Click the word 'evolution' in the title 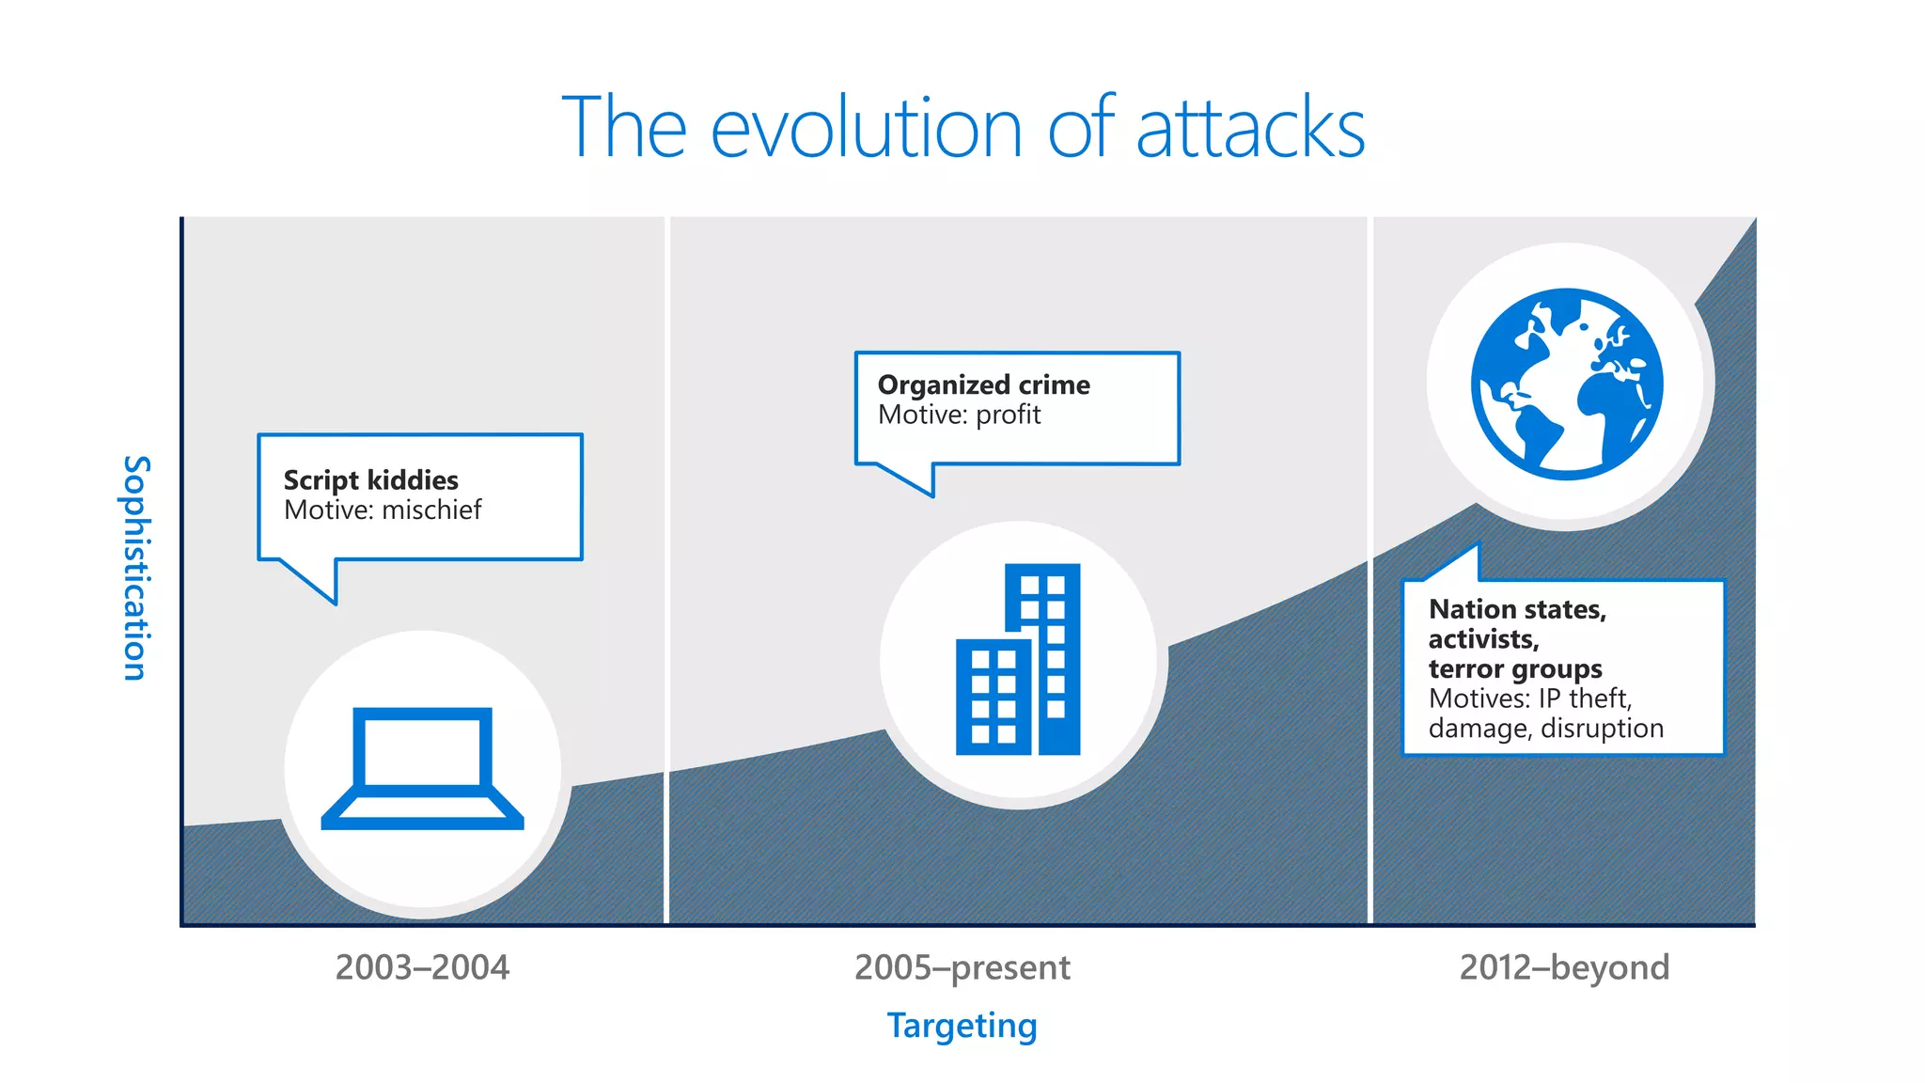(x=866, y=129)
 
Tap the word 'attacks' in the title (x=1250, y=129)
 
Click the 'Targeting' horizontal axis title (x=962, y=1026)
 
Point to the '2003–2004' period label (x=422, y=967)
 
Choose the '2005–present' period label (x=962, y=967)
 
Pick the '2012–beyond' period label (x=1564, y=967)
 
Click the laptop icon (x=422, y=768)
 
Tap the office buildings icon (x=1018, y=661)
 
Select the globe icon (x=1567, y=385)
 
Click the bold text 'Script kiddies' (x=370, y=480)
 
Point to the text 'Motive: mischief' (x=382, y=510)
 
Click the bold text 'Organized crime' (x=983, y=385)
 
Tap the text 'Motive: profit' (x=959, y=416)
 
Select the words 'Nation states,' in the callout (x=1517, y=610)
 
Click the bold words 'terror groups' (x=1515, y=669)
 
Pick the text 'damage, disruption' (x=1545, y=729)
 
